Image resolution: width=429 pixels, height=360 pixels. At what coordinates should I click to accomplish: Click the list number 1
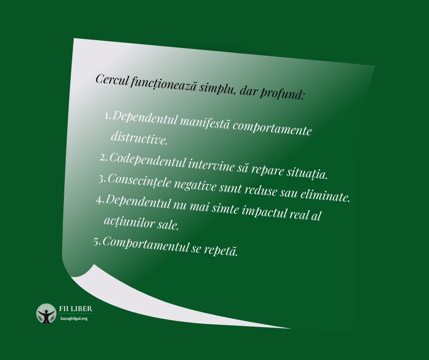107,116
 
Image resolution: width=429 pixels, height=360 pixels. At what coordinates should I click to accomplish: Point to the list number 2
103,157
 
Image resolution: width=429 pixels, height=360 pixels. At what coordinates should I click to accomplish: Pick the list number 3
101,179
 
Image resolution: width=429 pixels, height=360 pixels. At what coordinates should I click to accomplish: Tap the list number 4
100,200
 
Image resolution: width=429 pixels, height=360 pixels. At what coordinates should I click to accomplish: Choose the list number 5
97,241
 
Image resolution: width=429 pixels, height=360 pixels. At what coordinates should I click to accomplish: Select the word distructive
139,138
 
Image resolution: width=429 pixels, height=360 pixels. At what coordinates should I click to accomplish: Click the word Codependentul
147,161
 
